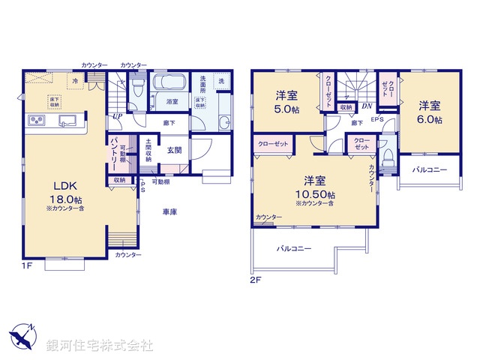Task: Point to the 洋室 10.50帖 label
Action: (x=314, y=187)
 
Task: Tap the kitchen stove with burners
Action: (x=37, y=121)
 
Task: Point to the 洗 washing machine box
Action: (x=220, y=80)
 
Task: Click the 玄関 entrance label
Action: (x=174, y=150)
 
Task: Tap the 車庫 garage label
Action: (x=170, y=212)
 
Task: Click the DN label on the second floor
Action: (x=366, y=106)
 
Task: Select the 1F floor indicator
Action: (x=28, y=265)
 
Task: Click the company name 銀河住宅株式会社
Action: (x=99, y=346)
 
